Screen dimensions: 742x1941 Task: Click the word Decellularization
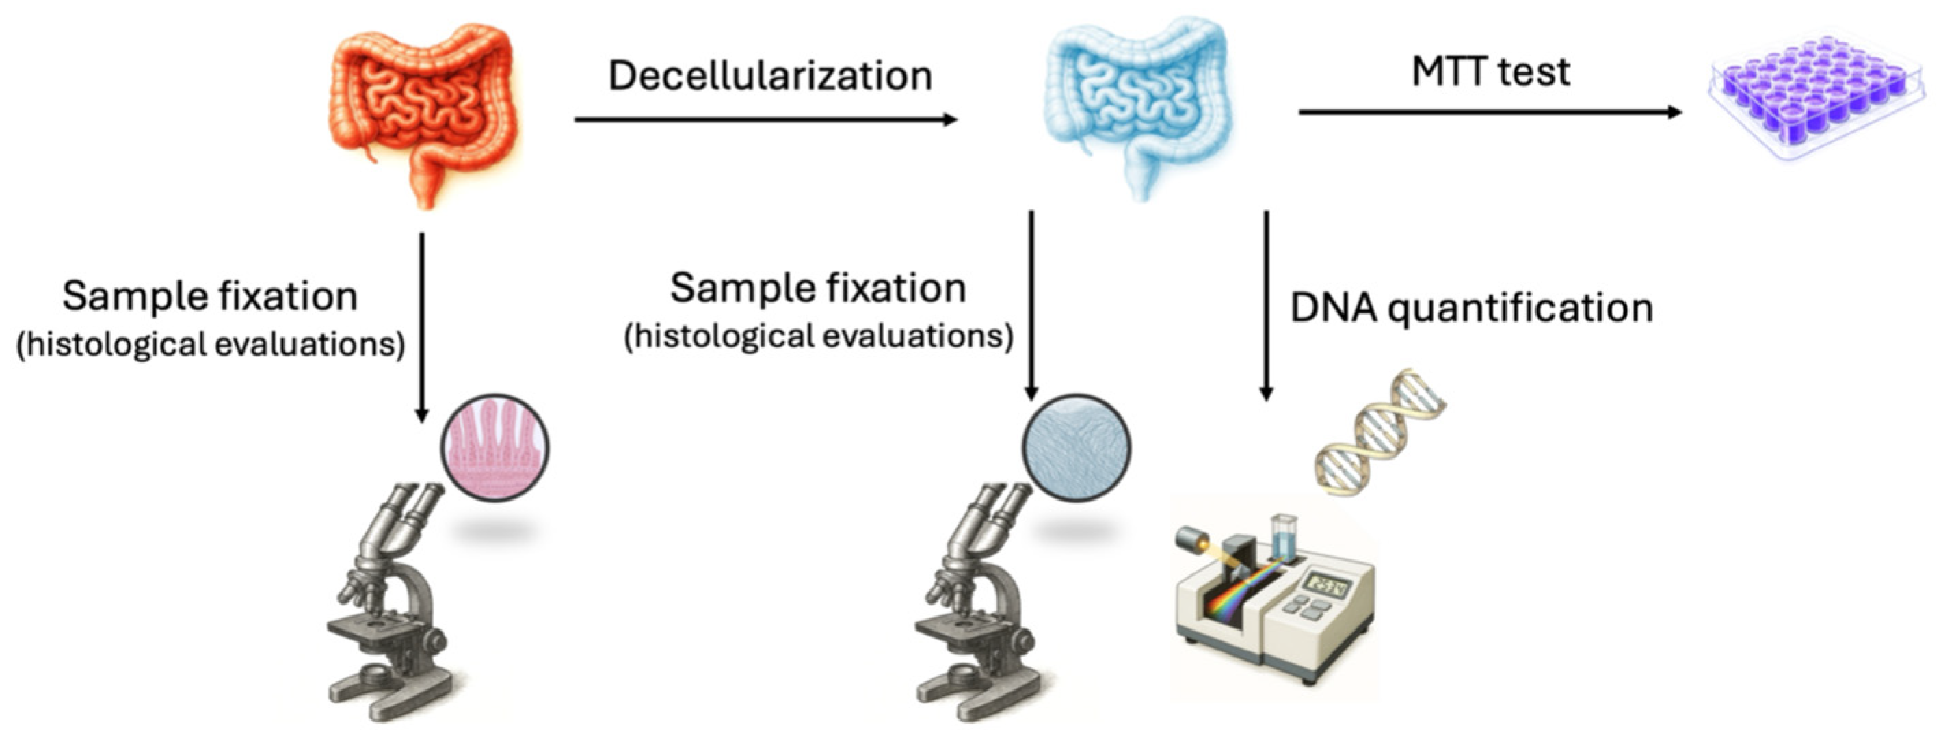(769, 76)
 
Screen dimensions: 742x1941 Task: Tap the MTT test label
(1490, 72)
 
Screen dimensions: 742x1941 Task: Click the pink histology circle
(494, 448)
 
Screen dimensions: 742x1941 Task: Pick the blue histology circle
(1076, 448)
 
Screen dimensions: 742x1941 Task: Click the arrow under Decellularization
(765, 119)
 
